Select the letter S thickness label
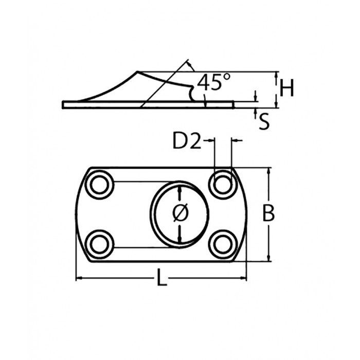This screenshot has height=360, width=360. [x=264, y=121]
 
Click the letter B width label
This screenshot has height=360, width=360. [x=268, y=213]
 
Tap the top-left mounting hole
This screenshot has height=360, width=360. [x=99, y=185]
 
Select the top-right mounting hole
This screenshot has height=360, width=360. [x=223, y=183]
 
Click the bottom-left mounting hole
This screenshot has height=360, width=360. [x=99, y=243]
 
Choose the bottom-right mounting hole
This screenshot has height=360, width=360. [x=223, y=243]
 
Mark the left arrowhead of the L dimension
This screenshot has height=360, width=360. [x=78, y=279]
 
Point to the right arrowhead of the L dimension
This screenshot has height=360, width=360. [x=245, y=279]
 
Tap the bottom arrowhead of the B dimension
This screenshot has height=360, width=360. [x=268, y=259]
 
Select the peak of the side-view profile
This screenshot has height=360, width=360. [x=137, y=71]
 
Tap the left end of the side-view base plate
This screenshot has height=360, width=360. [x=63, y=104]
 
